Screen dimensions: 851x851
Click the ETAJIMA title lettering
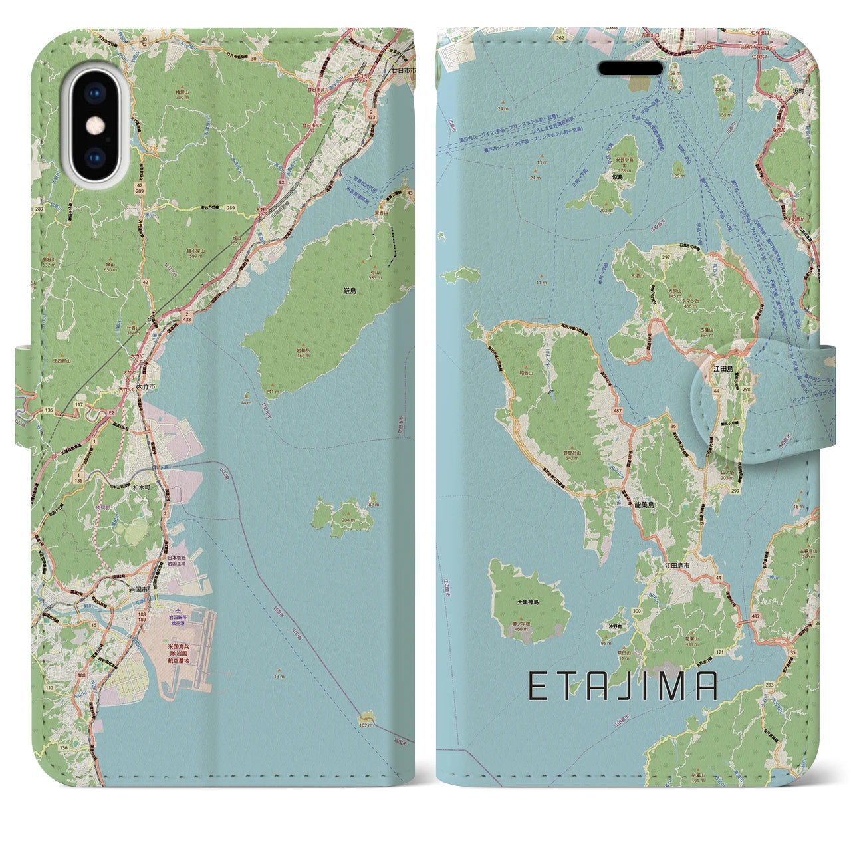click(622, 686)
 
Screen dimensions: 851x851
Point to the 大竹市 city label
click(146, 385)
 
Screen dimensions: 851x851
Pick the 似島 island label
click(618, 178)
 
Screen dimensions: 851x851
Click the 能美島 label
click(642, 506)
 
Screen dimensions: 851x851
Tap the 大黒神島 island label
click(528, 602)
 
